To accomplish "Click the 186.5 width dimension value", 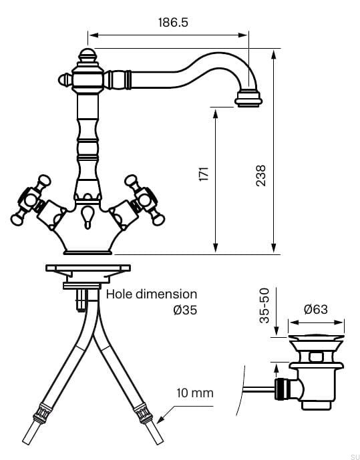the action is click(173, 23).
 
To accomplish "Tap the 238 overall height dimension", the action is click(260, 176).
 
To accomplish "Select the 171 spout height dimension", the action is click(204, 174).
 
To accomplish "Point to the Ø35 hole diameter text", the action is click(185, 310).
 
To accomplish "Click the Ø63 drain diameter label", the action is click(316, 309).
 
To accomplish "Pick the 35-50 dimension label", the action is click(264, 305).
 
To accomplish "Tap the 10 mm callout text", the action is click(195, 393).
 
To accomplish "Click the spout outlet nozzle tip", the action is click(248, 99).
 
